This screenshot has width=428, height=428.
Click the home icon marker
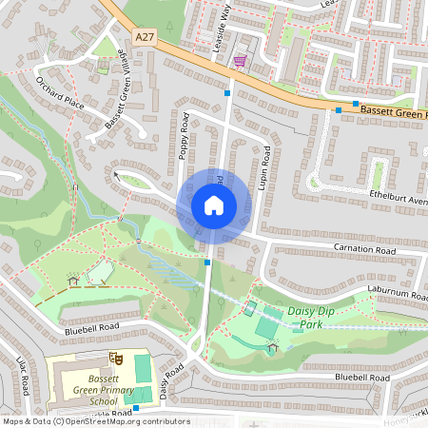tap(213, 205)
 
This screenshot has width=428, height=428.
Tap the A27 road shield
tap(145, 37)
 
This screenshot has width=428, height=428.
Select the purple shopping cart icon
tap(239, 62)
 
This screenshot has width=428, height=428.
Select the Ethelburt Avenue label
tap(399, 199)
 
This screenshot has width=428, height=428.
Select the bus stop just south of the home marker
tap(207, 262)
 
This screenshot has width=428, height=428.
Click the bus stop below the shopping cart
tap(227, 93)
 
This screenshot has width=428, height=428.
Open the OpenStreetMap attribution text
tap(95, 420)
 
